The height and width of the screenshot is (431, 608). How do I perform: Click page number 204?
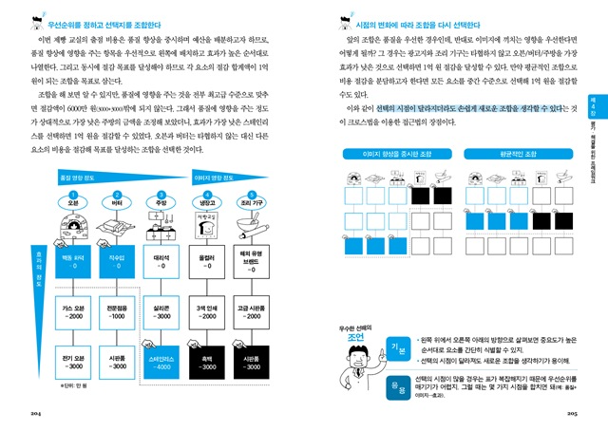37,414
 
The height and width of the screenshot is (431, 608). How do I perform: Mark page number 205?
572,414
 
